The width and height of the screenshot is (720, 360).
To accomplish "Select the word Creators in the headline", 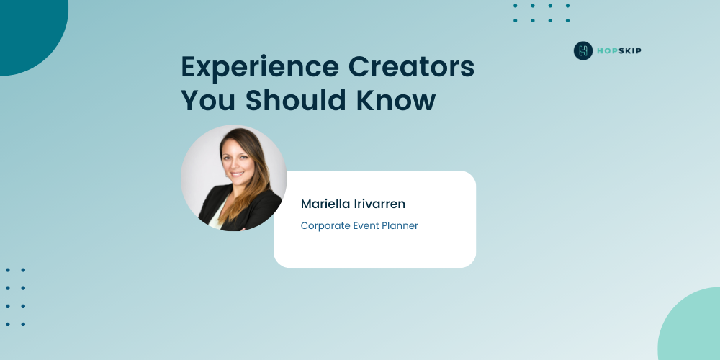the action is pyautogui.click(x=411, y=66).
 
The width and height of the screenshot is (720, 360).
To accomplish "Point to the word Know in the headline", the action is pyautogui.click(x=396, y=99).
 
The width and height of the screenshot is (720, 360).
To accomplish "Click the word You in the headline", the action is pyautogui.click(x=209, y=100).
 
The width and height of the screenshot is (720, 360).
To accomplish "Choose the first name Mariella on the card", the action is pyautogui.click(x=325, y=204).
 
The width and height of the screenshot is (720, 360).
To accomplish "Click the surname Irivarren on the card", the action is pyautogui.click(x=379, y=204).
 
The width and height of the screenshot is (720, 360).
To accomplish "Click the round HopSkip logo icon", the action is pyautogui.click(x=583, y=50).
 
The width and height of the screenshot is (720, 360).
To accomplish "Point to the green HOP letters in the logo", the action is pyautogui.click(x=607, y=51).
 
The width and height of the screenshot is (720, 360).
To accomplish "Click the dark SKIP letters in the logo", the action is pyautogui.click(x=630, y=51).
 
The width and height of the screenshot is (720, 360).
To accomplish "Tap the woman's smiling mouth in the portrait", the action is pyautogui.click(x=237, y=174).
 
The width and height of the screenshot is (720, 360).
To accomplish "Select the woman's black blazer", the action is pyautogui.click(x=239, y=209).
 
